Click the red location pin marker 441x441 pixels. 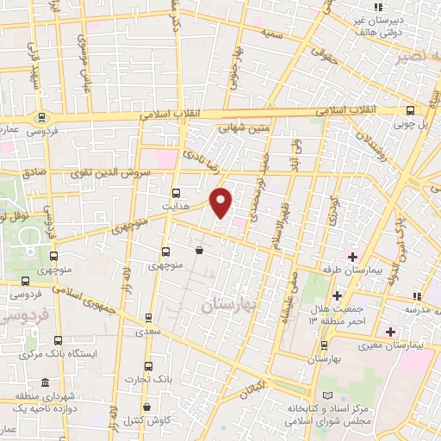click(x=221, y=202)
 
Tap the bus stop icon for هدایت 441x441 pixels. click(x=177, y=193)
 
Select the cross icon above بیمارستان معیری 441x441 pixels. click(x=389, y=332)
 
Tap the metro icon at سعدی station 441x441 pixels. click(x=148, y=317)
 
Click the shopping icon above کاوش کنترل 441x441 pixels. click(x=147, y=407)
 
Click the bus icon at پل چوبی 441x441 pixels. click(x=410, y=110)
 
